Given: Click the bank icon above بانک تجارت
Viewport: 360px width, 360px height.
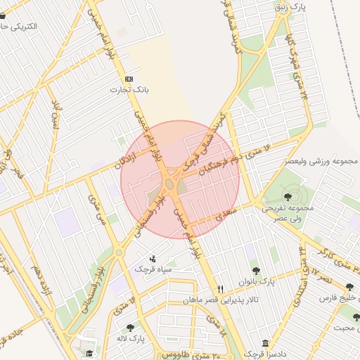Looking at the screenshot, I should tap(129, 79).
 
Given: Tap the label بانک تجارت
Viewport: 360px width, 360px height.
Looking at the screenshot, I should tap(129, 90).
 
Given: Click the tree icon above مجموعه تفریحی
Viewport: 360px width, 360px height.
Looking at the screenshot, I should tap(288, 195).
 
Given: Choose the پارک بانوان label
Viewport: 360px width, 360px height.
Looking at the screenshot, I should tap(255, 281).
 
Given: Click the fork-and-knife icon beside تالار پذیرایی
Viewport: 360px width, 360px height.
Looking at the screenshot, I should tap(221, 288).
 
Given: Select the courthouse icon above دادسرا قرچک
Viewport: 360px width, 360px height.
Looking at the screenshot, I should tap(265, 343).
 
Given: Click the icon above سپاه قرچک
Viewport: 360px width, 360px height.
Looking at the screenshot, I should tap(153, 259).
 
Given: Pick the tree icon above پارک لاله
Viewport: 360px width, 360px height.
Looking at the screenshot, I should tap(130, 327).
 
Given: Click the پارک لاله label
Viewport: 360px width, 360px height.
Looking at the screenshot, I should tap(131, 338).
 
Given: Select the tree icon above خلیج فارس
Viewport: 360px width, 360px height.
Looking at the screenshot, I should tap(349, 287).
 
